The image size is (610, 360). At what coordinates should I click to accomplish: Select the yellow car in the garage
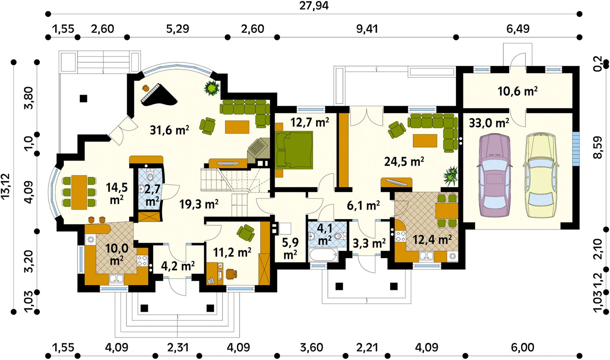pos(540,176)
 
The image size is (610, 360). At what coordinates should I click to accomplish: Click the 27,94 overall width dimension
pos(314,6)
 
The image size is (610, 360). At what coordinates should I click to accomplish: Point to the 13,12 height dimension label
pos(6,187)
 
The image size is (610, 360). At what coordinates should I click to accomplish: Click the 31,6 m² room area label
pos(170,130)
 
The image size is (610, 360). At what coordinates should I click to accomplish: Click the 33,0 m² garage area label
pos(489,123)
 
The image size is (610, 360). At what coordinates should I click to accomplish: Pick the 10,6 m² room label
pos(518,91)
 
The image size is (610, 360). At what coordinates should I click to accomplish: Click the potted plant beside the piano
pos(212,88)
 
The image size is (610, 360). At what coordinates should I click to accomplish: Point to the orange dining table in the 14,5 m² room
pos(79,192)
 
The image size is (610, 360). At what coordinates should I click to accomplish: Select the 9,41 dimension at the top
pos(367,29)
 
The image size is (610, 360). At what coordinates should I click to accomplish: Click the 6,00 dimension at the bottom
pos(522,347)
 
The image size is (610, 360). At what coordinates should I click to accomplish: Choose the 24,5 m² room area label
pos(404,161)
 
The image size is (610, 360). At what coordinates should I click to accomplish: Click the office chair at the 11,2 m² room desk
pos(231,274)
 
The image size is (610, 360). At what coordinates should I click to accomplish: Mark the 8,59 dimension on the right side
pos(598,147)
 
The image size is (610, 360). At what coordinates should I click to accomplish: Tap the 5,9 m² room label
pos(290,248)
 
